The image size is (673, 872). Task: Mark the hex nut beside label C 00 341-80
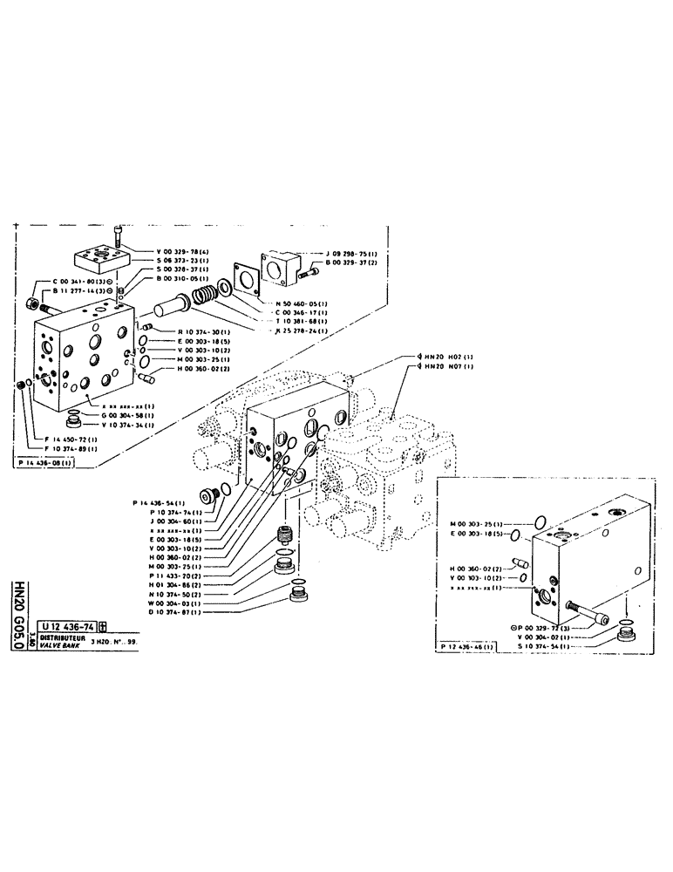32,303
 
